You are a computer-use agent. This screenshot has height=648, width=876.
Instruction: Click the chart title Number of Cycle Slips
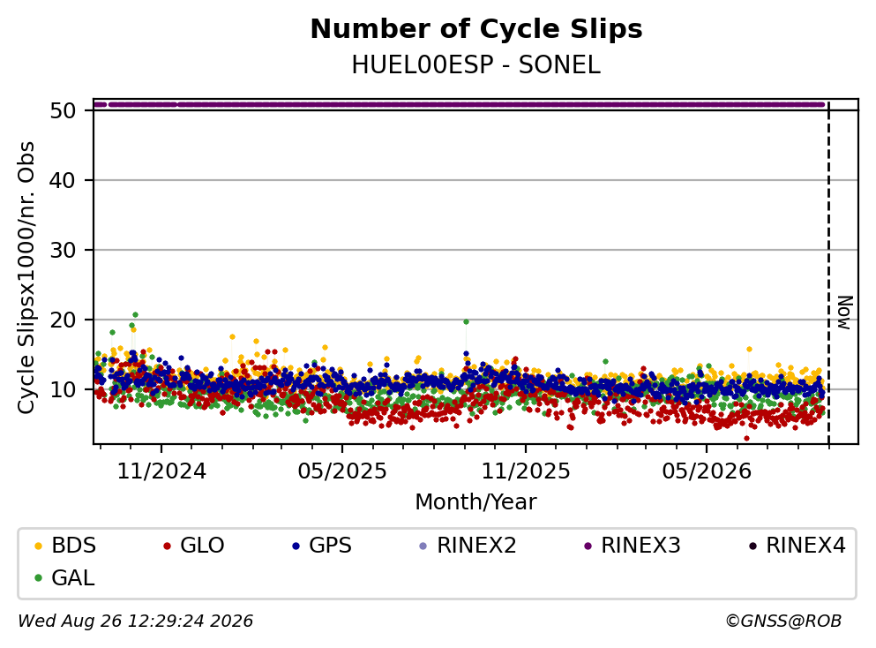pos(476,29)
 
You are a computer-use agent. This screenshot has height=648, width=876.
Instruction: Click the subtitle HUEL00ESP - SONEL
pos(476,65)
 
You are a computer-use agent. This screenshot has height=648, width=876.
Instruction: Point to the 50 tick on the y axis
pos(63,110)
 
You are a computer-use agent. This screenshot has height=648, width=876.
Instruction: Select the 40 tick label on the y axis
pos(63,181)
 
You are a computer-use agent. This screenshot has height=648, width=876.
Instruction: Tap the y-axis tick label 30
pos(63,250)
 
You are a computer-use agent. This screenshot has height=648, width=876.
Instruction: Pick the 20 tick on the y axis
pos(63,320)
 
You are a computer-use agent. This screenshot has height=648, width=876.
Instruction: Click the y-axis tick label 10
pos(63,389)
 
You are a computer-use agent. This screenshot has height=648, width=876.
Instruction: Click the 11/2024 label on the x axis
pos(161,471)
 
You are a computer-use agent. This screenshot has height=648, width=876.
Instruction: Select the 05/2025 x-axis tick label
pos(342,471)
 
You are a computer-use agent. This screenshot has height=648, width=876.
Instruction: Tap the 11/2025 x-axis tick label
pos(526,471)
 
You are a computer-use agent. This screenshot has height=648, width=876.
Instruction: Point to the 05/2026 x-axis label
pos(707,471)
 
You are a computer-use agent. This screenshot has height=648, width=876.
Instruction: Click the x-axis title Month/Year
pos(476,502)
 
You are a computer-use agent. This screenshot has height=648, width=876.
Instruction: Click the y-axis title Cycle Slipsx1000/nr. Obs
pos(26,278)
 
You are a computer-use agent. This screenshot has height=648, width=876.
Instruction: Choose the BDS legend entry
pos(65,545)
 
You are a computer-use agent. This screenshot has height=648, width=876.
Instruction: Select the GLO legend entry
pos(194,545)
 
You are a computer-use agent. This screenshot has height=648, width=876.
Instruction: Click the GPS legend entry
pos(322,545)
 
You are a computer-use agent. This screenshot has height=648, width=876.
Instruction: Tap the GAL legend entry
pos(64,577)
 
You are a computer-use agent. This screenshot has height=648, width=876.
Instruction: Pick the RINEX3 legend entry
pos(633,545)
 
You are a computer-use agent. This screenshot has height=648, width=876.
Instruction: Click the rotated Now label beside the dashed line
pos(845,313)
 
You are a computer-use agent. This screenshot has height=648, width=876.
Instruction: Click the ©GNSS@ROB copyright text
pos(783,622)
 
